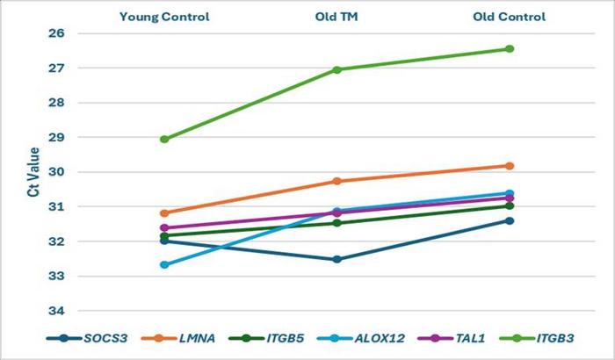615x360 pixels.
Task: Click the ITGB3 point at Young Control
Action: tap(164, 139)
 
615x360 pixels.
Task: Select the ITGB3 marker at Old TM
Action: tap(337, 69)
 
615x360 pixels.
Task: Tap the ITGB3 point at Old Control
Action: tap(510, 48)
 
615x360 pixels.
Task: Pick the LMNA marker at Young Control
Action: tap(164, 212)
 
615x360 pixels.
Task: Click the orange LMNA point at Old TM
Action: tap(337, 181)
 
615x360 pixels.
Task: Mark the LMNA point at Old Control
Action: tap(510, 166)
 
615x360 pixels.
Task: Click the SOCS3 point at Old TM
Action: tap(337, 259)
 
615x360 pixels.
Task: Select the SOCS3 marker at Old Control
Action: tap(510, 220)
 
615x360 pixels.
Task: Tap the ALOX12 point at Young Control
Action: tap(164, 264)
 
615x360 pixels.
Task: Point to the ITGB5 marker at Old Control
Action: tap(510, 205)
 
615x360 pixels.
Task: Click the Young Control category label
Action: tap(164, 16)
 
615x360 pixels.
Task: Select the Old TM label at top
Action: tap(337, 16)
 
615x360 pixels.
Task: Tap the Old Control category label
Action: tap(510, 16)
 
